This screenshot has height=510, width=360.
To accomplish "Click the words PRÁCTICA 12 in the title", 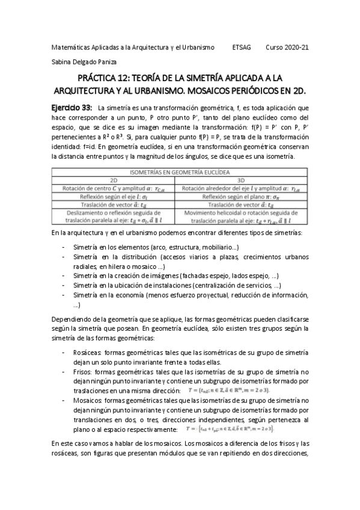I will pyautogui.click(x=108, y=78).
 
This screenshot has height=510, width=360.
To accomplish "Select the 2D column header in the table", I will pyautogui.click(x=113, y=180).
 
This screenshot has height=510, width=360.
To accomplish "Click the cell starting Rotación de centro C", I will pyautogui.click(x=113, y=188).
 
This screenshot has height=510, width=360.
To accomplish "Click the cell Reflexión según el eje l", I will pyautogui.click(x=113, y=196).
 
